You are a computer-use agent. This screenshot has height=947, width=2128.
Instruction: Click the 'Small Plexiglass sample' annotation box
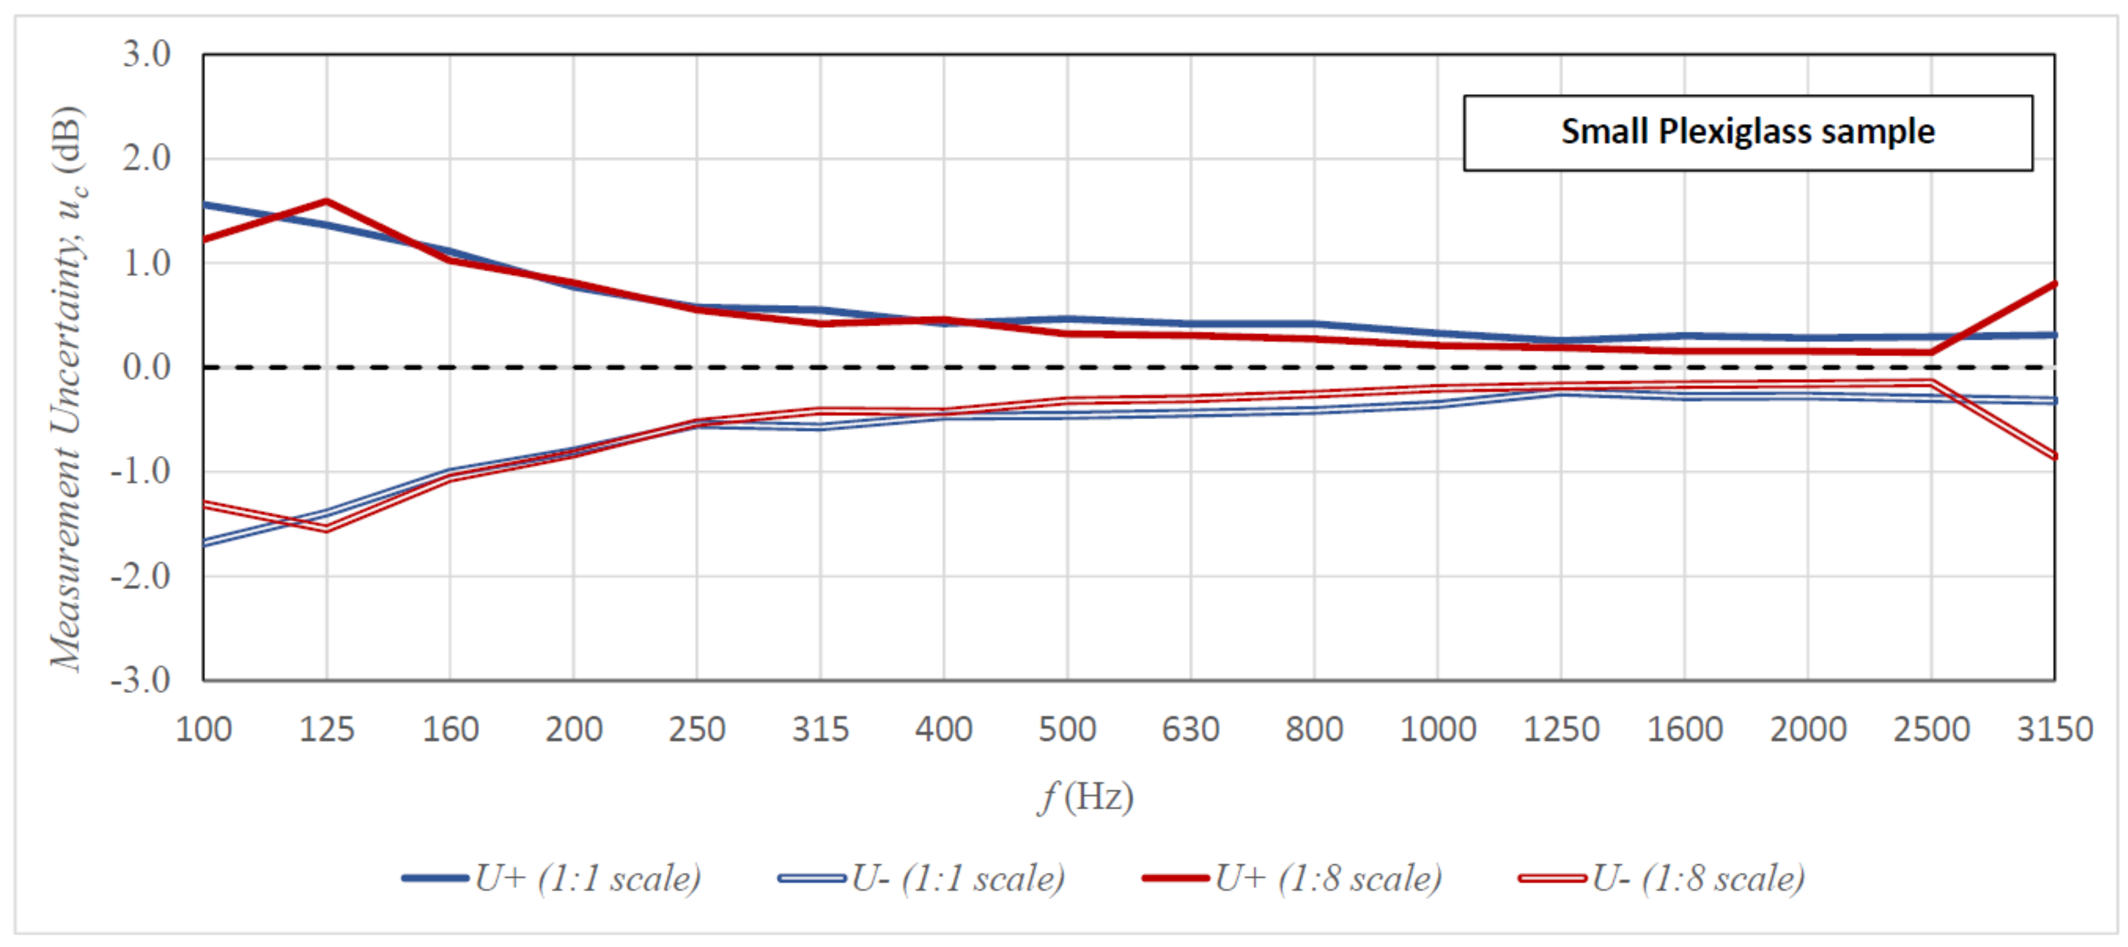[1747, 132]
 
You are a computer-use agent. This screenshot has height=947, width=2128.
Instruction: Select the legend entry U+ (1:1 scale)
[552, 878]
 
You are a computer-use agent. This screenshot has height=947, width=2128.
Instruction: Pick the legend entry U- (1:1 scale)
[921, 878]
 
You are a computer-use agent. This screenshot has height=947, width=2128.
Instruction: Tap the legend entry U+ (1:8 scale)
[1292, 878]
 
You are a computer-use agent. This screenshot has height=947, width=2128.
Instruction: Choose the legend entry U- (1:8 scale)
[1661, 878]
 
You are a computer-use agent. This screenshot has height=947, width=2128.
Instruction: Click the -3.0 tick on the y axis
[140, 680]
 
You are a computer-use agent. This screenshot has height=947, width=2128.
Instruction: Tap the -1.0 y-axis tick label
[140, 471]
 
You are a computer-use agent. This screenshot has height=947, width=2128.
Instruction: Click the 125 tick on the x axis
[326, 729]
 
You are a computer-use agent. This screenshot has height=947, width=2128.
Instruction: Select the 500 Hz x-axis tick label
[1067, 729]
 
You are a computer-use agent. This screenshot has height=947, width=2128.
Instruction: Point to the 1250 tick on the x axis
[1561, 729]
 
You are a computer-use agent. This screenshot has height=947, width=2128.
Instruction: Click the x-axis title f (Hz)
[1085, 797]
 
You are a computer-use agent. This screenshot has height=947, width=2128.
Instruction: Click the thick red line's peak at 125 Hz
[327, 200]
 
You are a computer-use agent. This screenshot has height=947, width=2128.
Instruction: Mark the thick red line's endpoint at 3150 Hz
[2053, 284]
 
